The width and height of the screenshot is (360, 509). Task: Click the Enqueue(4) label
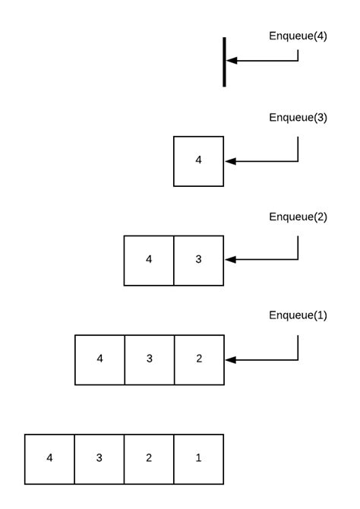pyautogui.click(x=298, y=36)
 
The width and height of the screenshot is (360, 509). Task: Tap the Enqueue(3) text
pyautogui.click(x=298, y=117)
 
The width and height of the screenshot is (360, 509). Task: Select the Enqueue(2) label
pyautogui.click(x=298, y=217)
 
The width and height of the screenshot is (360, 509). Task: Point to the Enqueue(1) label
pyautogui.click(x=298, y=315)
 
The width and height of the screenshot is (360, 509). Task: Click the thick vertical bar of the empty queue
pyautogui.click(x=224, y=62)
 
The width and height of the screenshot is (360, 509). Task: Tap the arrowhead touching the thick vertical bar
pyautogui.click(x=231, y=61)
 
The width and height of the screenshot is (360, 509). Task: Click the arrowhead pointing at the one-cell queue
pyautogui.click(x=231, y=161)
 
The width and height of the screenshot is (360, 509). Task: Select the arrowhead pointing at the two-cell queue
pyautogui.click(x=231, y=260)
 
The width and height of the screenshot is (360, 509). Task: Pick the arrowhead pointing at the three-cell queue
pyautogui.click(x=231, y=359)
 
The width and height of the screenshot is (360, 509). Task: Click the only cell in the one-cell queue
pyautogui.click(x=199, y=161)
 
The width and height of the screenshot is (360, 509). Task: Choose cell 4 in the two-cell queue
pyautogui.click(x=149, y=260)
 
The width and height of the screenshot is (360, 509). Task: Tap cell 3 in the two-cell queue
pyautogui.click(x=199, y=260)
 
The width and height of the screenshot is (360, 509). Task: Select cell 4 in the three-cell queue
pyautogui.click(x=99, y=359)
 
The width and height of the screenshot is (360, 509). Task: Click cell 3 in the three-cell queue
pyautogui.click(x=149, y=359)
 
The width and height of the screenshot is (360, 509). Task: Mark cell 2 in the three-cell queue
pyautogui.click(x=199, y=359)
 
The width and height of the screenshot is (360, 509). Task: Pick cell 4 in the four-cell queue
pyautogui.click(x=49, y=459)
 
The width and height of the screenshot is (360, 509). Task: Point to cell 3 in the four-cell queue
pyautogui.click(x=99, y=459)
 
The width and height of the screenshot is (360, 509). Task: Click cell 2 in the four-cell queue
pyautogui.click(x=149, y=459)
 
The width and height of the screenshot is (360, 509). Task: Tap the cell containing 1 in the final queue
pyautogui.click(x=199, y=459)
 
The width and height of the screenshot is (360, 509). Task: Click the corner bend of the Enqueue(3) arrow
pyautogui.click(x=298, y=161)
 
